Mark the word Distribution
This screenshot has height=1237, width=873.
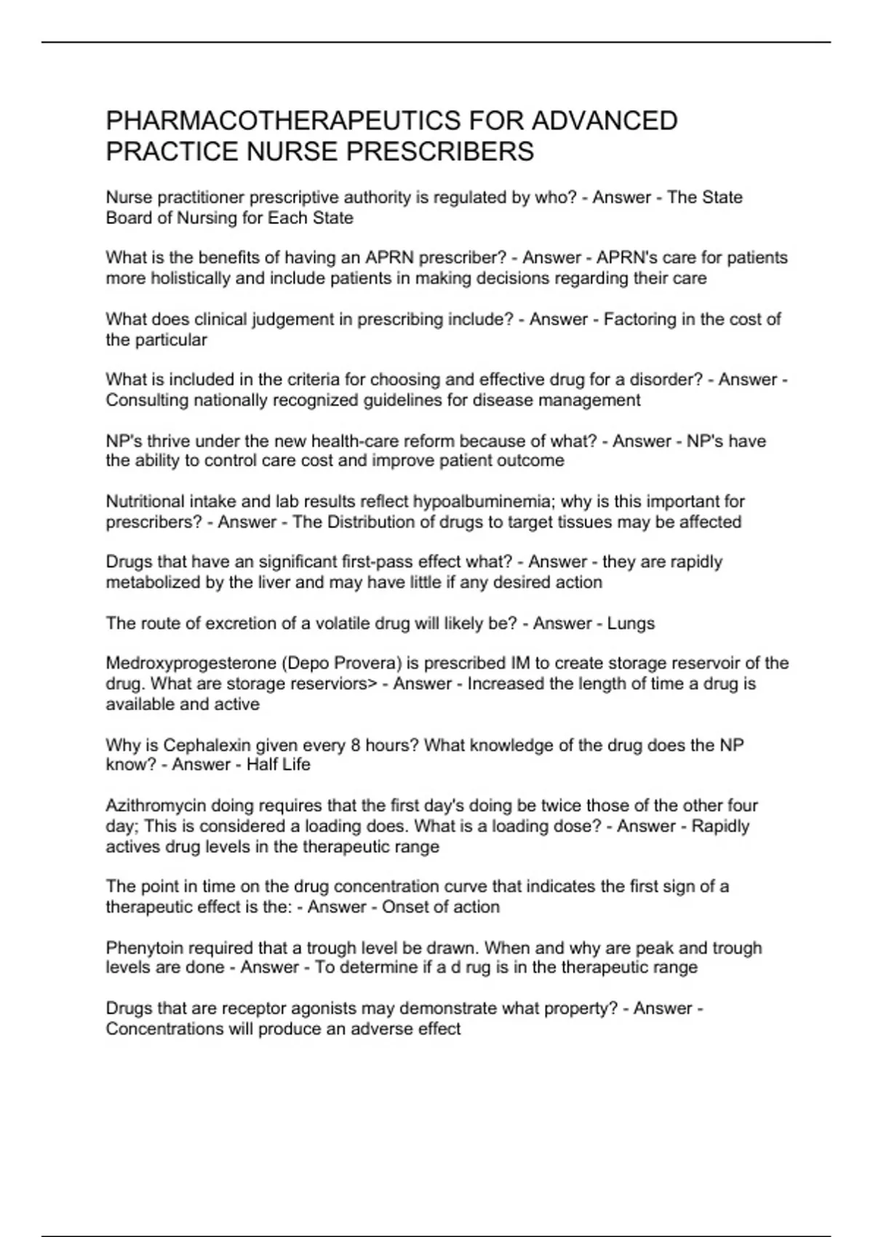coord(372,522)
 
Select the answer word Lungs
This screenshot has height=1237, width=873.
coord(631,624)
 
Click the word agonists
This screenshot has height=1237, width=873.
coord(325,1009)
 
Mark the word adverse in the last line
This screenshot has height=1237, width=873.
coord(386,1029)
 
